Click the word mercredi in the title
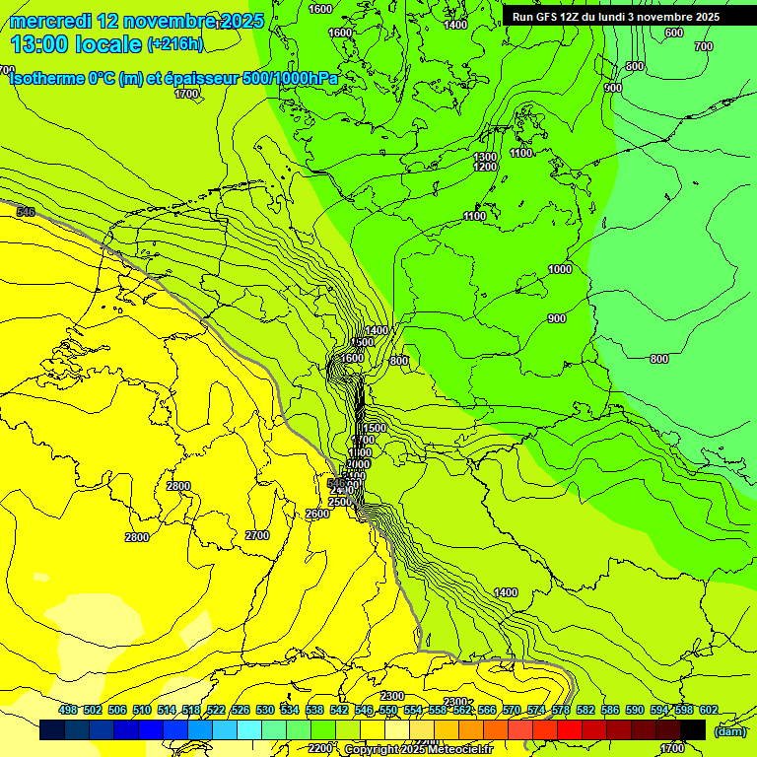(51, 21)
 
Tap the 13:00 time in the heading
(39, 44)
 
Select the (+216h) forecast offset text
(174, 43)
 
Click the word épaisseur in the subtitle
(202, 79)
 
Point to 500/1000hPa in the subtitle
(290, 79)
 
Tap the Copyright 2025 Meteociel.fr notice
(417, 750)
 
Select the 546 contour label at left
(26, 212)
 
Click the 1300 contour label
(485, 158)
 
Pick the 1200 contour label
(485, 168)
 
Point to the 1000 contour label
(560, 269)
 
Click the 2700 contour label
(257, 535)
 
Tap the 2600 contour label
(317, 515)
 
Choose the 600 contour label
(673, 33)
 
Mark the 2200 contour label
(319, 748)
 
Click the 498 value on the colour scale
(68, 711)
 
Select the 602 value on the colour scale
(708, 711)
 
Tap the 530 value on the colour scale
(265, 711)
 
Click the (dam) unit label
(730, 731)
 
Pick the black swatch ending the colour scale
(693, 730)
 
